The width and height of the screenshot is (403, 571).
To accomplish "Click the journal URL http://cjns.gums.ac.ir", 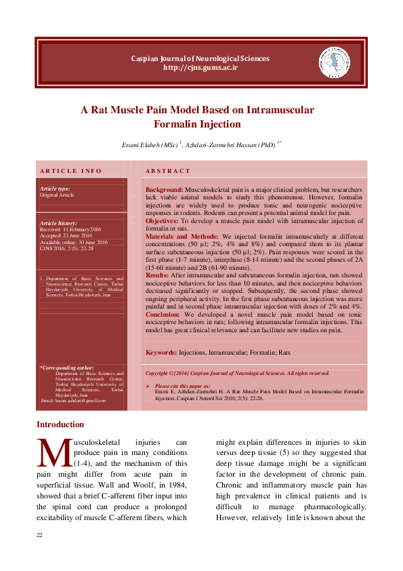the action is click(200, 68).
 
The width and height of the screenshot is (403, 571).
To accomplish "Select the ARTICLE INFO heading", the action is click(71, 171).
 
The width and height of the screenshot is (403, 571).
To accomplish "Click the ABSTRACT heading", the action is click(169, 171).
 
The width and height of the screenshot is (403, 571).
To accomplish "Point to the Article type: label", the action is click(55, 189).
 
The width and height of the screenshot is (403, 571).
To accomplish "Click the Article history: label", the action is click(58, 223).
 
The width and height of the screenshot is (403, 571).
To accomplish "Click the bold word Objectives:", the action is click(163, 221).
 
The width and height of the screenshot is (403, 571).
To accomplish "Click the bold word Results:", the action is click(157, 275).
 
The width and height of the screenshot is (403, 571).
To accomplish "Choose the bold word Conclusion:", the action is click(164, 315).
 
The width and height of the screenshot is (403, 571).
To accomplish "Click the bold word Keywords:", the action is click(161, 353).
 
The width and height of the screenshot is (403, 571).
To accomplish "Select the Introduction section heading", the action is click(60, 425).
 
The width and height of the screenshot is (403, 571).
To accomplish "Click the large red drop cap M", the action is click(51, 452).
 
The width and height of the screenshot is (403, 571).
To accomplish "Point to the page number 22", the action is click(39, 536).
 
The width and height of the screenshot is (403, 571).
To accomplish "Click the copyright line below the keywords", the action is click(237, 373).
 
